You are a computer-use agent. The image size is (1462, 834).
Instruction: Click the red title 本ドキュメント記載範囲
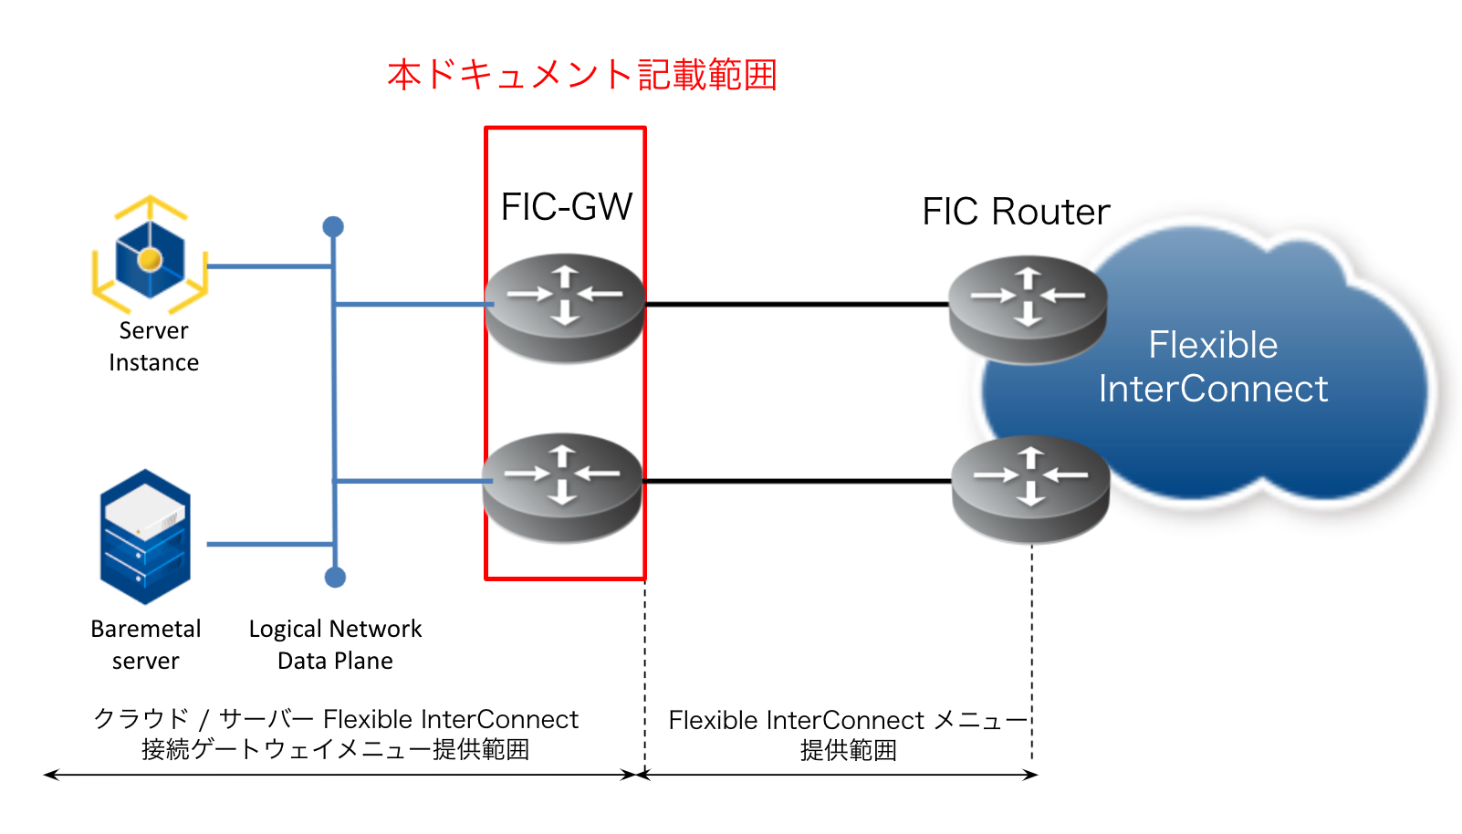[581, 75]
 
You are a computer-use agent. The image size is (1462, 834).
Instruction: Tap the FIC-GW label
[567, 207]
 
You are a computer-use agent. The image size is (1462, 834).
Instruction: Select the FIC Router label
[1016, 212]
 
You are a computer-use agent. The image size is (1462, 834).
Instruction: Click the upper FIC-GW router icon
[565, 308]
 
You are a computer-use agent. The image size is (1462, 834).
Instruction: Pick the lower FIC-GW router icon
[562, 487]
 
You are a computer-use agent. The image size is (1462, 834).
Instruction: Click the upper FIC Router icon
[1028, 309]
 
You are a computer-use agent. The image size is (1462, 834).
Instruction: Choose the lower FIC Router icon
[1030, 489]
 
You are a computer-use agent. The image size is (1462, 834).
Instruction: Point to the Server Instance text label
[153, 347]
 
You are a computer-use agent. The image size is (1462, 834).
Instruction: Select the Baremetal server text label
[146, 644]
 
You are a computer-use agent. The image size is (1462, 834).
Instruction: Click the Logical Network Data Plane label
[335, 644]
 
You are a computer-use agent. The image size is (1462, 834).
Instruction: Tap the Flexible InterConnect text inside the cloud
[1213, 367]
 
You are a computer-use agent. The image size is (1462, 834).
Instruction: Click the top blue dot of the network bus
[333, 226]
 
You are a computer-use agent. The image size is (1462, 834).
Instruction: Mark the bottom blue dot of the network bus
[335, 577]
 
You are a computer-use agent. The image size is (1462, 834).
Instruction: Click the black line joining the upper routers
[796, 304]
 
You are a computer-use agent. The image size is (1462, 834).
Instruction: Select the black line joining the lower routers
[796, 481]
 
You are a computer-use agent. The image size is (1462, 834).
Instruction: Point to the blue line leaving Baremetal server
[269, 544]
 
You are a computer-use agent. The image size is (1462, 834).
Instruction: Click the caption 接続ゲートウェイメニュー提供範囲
[335, 750]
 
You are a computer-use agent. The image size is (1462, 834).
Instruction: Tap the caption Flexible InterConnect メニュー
[848, 721]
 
